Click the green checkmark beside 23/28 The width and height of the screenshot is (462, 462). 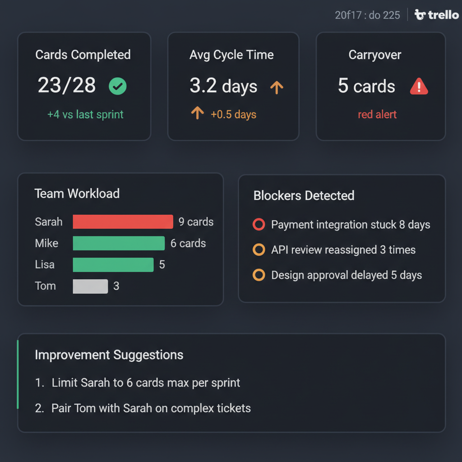118,86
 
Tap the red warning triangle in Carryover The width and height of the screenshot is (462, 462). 419,86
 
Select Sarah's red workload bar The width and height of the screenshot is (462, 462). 123,222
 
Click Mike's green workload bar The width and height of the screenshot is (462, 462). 119,243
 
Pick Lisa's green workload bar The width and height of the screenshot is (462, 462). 113,264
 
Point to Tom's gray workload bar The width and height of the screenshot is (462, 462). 90,286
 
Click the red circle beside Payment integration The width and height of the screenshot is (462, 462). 259,224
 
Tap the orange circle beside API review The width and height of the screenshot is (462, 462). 259,249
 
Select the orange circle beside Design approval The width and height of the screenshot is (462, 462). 259,275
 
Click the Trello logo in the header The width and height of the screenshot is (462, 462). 436,15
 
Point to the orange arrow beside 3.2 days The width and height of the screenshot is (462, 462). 276,87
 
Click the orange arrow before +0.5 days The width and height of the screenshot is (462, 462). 197,113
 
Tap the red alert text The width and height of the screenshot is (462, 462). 377,114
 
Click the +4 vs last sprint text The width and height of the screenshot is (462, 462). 85,114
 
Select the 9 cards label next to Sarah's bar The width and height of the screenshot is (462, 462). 196,222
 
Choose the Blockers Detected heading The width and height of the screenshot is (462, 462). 304,195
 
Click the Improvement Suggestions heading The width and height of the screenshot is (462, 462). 109,355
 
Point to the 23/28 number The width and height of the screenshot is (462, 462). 67,85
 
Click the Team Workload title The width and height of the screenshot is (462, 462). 77,194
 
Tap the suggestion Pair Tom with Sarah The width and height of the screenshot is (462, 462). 151,408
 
